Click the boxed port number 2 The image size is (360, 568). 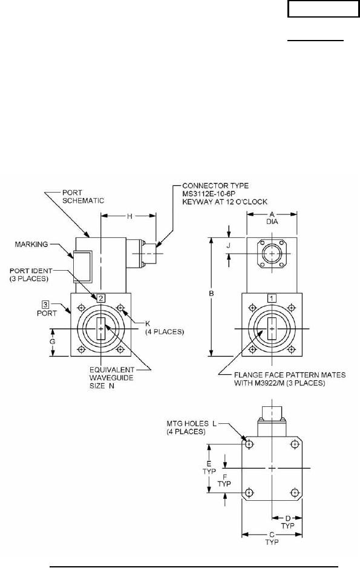(100, 298)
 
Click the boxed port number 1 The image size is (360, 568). (272, 298)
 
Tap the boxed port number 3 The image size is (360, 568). (45, 304)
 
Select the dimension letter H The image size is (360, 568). (129, 216)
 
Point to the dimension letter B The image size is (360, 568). (212, 294)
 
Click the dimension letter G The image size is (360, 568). (53, 342)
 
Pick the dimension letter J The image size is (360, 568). (228, 245)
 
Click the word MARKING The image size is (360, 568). (31, 244)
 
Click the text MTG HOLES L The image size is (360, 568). (191, 423)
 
